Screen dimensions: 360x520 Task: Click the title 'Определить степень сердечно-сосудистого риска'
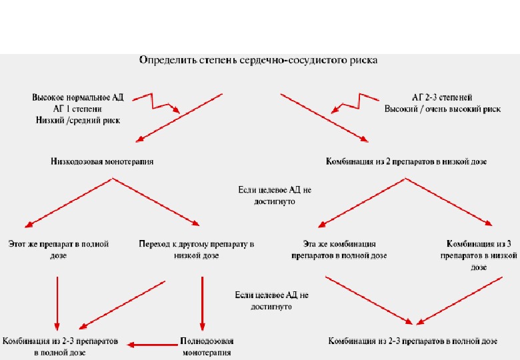click(257, 61)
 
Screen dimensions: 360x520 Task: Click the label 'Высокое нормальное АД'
click(78, 97)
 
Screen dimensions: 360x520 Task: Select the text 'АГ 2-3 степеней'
click(442, 97)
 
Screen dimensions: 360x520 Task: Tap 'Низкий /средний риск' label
click(78, 121)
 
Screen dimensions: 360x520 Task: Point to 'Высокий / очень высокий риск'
click(442, 109)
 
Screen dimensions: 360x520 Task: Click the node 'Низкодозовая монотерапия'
click(101, 161)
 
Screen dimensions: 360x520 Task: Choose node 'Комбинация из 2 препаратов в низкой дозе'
click(407, 161)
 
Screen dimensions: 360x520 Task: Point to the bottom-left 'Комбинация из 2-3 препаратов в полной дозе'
click(60, 347)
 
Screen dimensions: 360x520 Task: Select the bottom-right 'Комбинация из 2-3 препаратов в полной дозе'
click(413, 341)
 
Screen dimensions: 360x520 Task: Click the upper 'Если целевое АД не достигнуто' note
click(275, 195)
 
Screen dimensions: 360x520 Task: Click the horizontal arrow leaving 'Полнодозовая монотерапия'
click(151, 344)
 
